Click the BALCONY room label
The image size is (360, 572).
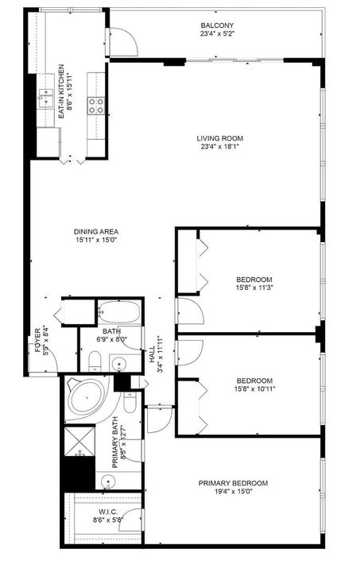pyautogui.click(x=216, y=25)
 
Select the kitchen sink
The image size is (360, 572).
pyautogui.click(x=46, y=98)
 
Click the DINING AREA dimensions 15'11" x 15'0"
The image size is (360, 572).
pyautogui.click(x=103, y=240)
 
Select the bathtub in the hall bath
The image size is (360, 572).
pyautogui.click(x=120, y=311)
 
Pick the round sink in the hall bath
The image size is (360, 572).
pyautogui.click(x=120, y=365)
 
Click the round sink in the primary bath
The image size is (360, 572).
pyautogui.click(x=109, y=481)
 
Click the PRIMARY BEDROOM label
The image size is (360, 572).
pyautogui.click(x=233, y=482)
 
